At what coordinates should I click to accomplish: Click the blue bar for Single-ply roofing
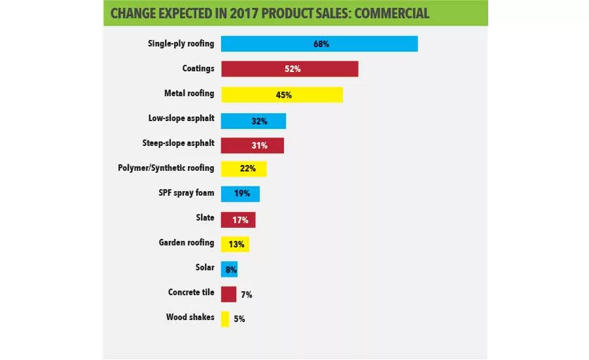click(x=319, y=44)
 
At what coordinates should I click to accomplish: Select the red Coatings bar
click(x=289, y=69)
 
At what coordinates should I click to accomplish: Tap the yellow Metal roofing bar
click(x=281, y=94)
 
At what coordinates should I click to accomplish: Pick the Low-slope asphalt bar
click(x=253, y=120)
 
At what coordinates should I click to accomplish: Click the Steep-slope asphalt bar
click(x=252, y=145)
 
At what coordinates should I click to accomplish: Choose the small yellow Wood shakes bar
click(x=225, y=319)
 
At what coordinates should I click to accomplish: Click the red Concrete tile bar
click(x=228, y=294)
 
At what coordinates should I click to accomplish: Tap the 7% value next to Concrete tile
click(x=245, y=295)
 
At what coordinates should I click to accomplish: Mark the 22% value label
click(x=247, y=170)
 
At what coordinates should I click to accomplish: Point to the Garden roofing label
click(x=187, y=243)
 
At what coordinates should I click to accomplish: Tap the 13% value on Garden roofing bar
click(x=236, y=244)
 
